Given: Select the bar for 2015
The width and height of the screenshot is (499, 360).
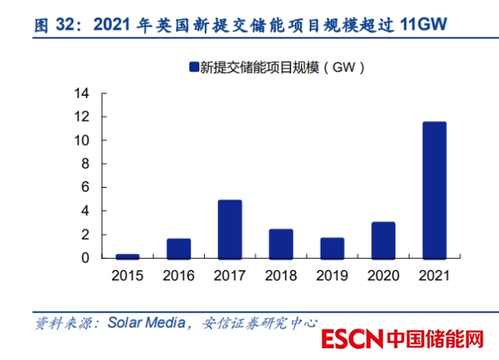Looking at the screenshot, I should (x=128, y=256).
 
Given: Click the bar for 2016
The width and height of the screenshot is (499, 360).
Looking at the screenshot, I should (x=178, y=248).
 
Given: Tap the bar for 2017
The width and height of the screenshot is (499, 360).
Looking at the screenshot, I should (x=230, y=229).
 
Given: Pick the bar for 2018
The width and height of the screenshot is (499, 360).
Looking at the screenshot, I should (x=280, y=243).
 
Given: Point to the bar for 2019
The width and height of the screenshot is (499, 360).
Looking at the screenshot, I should (x=332, y=248).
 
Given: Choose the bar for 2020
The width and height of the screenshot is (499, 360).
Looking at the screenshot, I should (x=382, y=240).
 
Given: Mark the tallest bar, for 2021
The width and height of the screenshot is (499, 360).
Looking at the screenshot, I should (x=434, y=189).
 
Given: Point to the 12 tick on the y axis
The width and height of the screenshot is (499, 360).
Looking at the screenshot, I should (x=82, y=117).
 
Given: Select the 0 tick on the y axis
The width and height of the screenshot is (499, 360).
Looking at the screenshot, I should (x=86, y=258).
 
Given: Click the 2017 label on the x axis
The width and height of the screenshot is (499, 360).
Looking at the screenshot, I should (x=230, y=275).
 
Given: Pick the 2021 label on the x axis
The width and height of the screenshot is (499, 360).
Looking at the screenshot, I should (x=434, y=275).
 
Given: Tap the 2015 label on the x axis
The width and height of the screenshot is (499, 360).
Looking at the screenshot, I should (x=128, y=275).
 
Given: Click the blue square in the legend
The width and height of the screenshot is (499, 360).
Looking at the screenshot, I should (x=192, y=67).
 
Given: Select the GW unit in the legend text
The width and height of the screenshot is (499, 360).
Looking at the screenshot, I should (x=344, y=67).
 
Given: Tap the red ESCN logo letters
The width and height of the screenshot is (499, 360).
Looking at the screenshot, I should (x=352, y=341).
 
